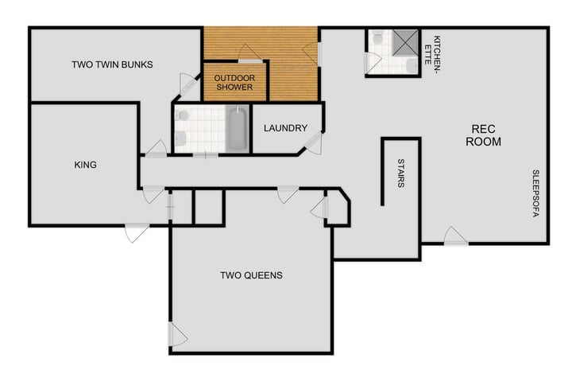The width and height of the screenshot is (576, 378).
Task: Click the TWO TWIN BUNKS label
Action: click(x=112, y=64)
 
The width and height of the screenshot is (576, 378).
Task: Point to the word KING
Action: click(x=85, y=166)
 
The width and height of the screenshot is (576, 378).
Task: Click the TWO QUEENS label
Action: click(x=251, y=276)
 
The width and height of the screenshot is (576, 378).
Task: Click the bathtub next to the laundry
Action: click(x=237, y=130)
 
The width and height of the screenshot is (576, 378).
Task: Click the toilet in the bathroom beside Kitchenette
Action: click(x=378, y=37)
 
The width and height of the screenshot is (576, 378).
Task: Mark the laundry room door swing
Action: click(x=315, y=144)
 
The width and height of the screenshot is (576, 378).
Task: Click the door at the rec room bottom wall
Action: click(x=455, y=236)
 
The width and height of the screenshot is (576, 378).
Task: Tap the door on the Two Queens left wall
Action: click(x=177, y=335)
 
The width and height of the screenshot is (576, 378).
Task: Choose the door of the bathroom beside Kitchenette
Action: click(x=371, y=63)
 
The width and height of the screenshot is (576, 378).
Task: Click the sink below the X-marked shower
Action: click(x=410, y=64)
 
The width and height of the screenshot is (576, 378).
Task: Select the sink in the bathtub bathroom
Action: click(x=182, y=116)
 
